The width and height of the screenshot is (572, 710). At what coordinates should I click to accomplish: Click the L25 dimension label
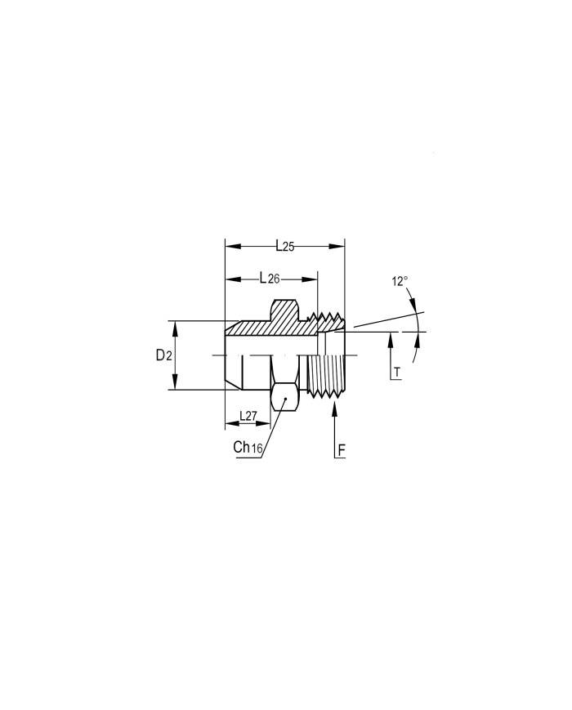[x=285, y=246]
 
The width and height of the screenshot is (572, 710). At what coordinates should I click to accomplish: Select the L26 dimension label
[x=270, y=278]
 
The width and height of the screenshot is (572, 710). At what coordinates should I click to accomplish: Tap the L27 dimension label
[x=248, y=416]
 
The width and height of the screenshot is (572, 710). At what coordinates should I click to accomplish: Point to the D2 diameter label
[x=163, y=356]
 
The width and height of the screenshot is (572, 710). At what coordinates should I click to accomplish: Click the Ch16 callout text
[x=248, y=448]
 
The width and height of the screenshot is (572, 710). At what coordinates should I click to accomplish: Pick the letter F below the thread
[x=342, y=450]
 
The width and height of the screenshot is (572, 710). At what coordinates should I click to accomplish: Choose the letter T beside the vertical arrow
[x=397, y=373]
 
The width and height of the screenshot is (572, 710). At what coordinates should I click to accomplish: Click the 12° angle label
[x=400, y=281]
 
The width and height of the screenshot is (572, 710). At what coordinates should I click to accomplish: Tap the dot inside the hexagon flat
[x=285, y=399]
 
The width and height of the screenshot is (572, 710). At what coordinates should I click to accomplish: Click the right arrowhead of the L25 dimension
[x=337, y=246]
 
